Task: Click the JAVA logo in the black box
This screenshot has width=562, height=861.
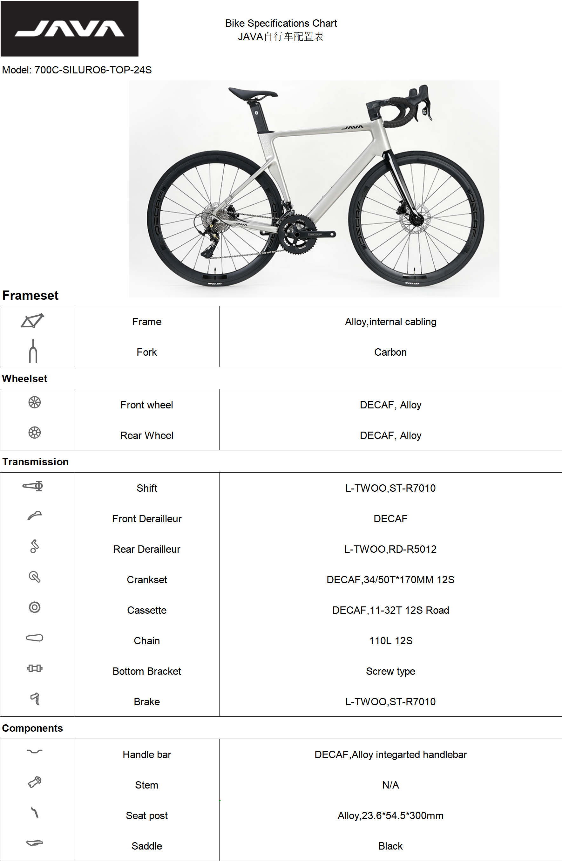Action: pos(70,29)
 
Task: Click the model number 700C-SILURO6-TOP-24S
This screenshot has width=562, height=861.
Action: pos(93,70)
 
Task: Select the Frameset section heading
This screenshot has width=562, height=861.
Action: pos(30,296)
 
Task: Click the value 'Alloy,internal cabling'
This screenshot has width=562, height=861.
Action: pos(390,322)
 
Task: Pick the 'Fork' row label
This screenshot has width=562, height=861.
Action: pos(146,352)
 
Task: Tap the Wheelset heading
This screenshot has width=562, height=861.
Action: pos(24,379)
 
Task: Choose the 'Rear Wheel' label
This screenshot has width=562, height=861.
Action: pos(146,435)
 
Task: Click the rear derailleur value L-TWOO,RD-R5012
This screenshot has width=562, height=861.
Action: pos(390,549)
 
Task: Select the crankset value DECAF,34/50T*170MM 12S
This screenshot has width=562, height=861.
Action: pos(390,579)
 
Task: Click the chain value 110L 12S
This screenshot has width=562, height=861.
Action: pos(390,641)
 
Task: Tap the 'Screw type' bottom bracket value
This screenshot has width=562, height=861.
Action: pos(390,671)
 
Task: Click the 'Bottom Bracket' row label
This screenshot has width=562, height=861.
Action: pos(146,671)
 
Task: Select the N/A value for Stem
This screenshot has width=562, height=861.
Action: pos(390,785)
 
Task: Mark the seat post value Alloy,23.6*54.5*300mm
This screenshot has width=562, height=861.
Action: pos(390,816)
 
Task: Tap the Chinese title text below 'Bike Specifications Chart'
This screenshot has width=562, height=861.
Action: pos(281,37)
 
